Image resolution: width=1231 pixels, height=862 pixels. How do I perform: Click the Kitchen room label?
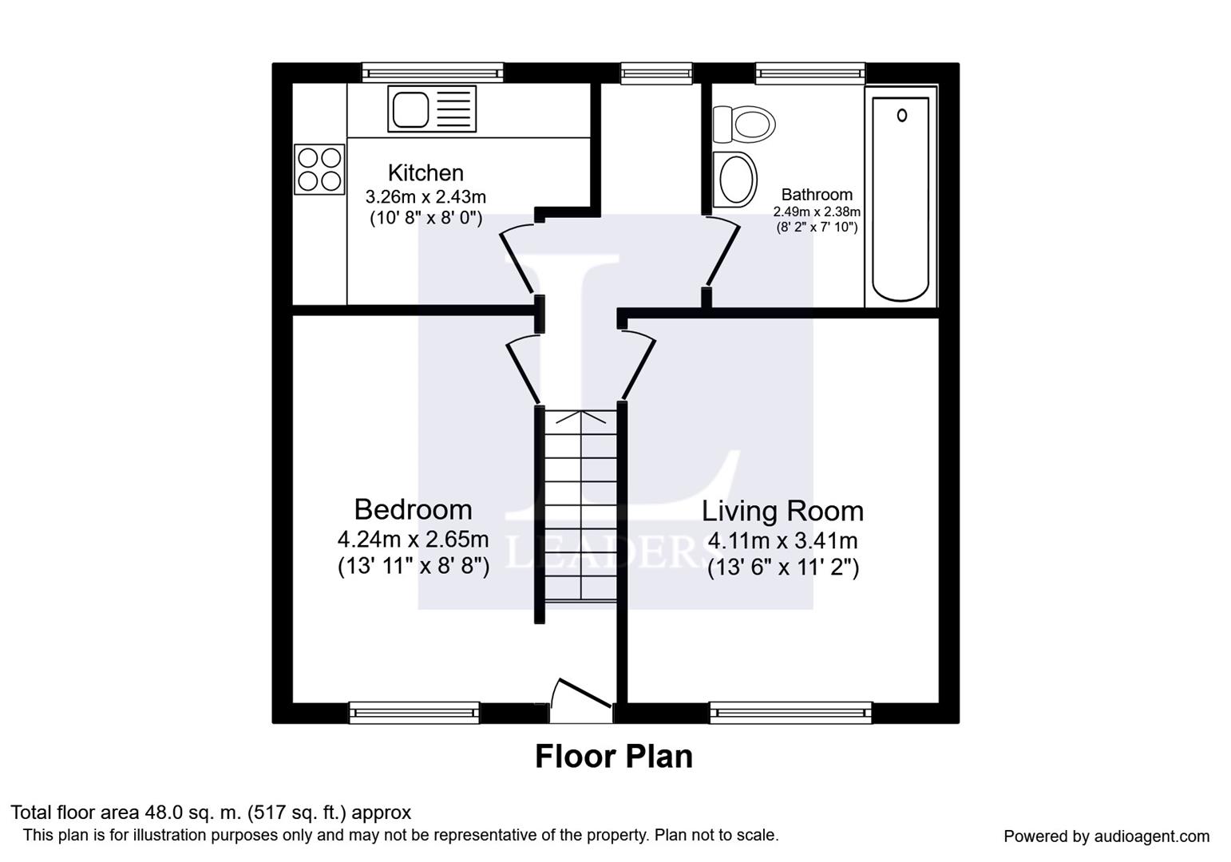pos(426,172)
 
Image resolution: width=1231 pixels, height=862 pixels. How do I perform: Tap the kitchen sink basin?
pos(410,109)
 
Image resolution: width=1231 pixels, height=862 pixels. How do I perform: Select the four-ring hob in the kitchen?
pos(319,169)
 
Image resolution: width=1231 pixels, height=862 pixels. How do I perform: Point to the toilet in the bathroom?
pos(744,125)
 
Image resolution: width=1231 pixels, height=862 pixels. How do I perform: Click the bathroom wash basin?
pos(734,180)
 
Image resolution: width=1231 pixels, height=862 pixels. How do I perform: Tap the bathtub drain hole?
pos(902,116)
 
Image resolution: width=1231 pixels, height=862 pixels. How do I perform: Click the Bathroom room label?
pos(817,195)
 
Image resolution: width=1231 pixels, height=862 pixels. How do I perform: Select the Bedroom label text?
pos(414,509)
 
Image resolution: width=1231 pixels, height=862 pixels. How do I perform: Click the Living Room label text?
pos(782,511)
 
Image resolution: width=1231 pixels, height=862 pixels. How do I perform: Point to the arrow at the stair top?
pos(581,417)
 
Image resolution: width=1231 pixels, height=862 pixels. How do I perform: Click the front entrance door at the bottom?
pos(581,701)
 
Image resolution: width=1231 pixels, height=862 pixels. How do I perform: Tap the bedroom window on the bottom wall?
pos(414,713)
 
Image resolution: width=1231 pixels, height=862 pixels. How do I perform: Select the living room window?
pos(791,713)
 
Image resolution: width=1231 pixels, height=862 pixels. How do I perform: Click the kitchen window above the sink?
pos(433,73)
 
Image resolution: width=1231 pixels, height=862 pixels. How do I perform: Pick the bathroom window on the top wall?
pos(810,73)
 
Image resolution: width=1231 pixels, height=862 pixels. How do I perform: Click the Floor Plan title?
pos(614,757)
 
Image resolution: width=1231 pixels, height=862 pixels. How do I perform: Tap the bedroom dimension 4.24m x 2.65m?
pos(414,540)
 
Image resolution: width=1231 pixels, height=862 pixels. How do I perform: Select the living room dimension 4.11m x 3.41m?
pos(782,541)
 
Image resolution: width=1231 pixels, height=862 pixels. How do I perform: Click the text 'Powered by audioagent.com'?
pos(1106,836)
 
